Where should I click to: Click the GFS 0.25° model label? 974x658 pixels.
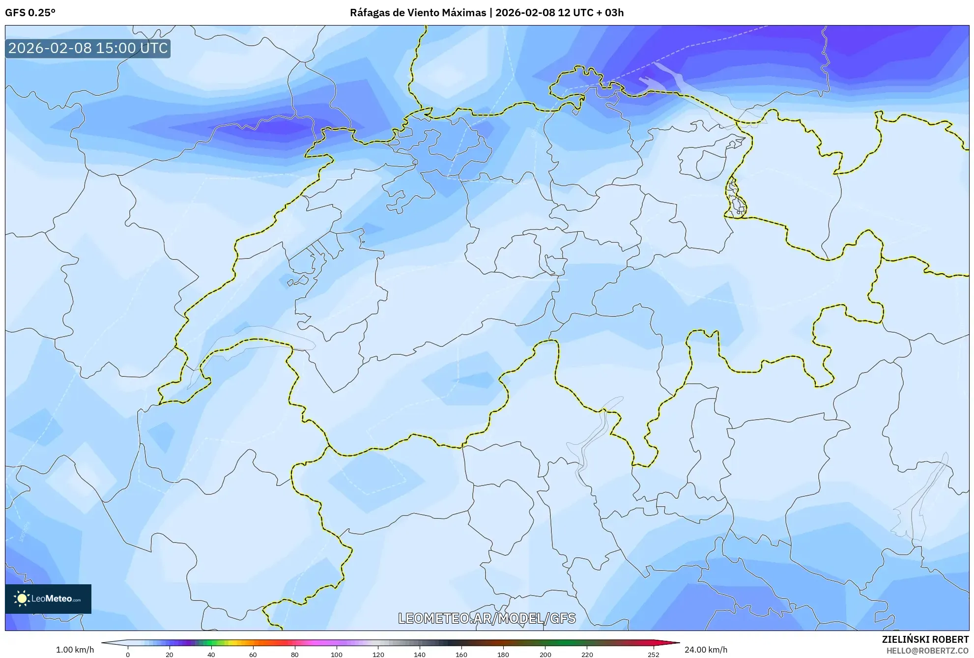(30, 13)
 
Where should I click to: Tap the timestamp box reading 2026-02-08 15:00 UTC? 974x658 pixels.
(88, 48)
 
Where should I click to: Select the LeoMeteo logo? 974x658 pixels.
(48, 599)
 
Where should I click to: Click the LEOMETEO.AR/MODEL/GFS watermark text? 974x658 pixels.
(487, 618)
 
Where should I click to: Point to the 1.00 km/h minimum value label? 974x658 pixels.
(75, 650)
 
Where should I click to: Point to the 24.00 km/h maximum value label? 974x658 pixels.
(706, 650)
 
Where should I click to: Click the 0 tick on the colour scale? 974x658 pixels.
(128, 654)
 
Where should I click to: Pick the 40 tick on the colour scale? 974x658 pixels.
(211, 654)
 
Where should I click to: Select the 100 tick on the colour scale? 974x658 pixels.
(337, 654)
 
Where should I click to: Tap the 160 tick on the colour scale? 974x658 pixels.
(461, 654)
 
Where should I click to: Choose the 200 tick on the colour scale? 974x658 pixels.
(545, 654)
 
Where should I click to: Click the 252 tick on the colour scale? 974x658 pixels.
(653, 654)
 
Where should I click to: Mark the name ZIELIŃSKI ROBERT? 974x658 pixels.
(925, 639)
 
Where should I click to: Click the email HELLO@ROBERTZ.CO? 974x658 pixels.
(927, 651)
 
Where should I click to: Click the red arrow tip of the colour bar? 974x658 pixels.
(675, 643)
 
